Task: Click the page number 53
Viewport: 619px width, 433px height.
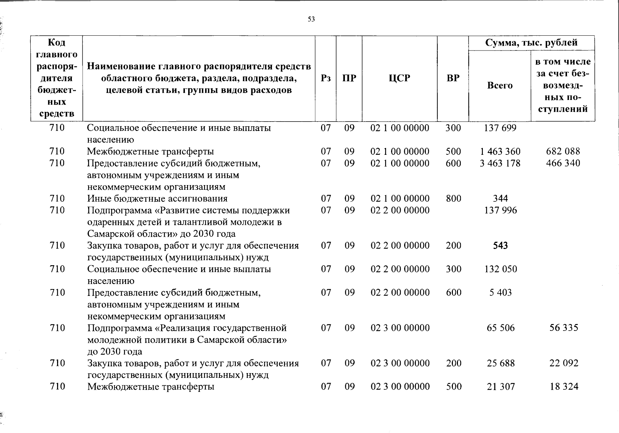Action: click(x=311, y=19)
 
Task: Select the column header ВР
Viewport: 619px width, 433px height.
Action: click(x=453, y=78)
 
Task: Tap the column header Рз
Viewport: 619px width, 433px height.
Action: click(x=326, y=78)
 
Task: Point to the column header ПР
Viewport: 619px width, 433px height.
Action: click(x=349, y=78)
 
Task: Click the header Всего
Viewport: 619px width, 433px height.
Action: click(x=500, y=86)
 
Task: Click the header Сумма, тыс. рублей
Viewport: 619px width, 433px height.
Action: click(x=531, y=43)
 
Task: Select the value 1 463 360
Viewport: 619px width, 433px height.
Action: click(x=500, y=152)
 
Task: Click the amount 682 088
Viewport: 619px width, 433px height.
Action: click(x=563, y=152)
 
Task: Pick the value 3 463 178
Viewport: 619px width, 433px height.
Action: click(x=500, y=163)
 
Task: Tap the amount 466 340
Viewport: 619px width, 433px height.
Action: click(x=563, y=163)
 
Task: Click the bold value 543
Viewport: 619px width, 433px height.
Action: click(x=501, y=246)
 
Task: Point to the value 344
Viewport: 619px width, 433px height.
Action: click(x=501, y=198)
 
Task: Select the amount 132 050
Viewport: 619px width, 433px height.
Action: click(x=501, y=269)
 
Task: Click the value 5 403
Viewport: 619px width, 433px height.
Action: click(x=501, y=293)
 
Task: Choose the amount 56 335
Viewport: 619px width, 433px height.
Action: click(x=564, y=328)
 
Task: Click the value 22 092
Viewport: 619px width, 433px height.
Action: click(x=564, y=363)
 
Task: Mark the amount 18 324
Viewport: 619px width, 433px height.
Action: click(x=564, y=386)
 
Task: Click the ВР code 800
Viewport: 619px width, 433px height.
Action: click(x=454, y=198)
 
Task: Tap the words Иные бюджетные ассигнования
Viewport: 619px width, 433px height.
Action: click(x=157, y=198)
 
